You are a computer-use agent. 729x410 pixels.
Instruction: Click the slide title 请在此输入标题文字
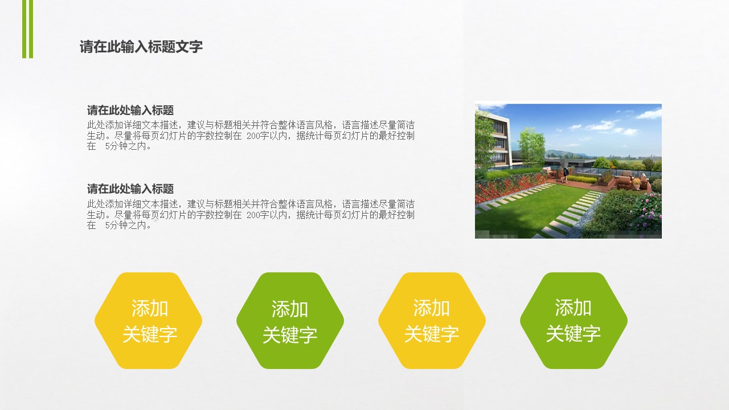tap(141, 47)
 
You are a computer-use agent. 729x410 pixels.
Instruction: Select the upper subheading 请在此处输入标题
tap(130, 110)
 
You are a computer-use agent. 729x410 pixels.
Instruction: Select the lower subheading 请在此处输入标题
tap(130, 189)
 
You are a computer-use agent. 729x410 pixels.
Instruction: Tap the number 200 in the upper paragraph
tap(253, 136)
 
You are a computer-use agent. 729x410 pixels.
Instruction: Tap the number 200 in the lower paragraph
tap(253, 215)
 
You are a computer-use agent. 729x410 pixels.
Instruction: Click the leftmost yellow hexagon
tap(149, 321)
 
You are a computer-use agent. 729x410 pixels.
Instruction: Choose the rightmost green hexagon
tap(574, 321)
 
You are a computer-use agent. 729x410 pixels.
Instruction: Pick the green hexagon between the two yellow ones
tap(290, 321)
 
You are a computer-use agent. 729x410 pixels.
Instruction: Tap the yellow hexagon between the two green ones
tap(432, 321)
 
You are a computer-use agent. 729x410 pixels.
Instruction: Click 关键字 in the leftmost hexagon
tap(150, 334)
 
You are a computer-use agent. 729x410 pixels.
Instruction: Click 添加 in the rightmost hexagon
tap(573, 307)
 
